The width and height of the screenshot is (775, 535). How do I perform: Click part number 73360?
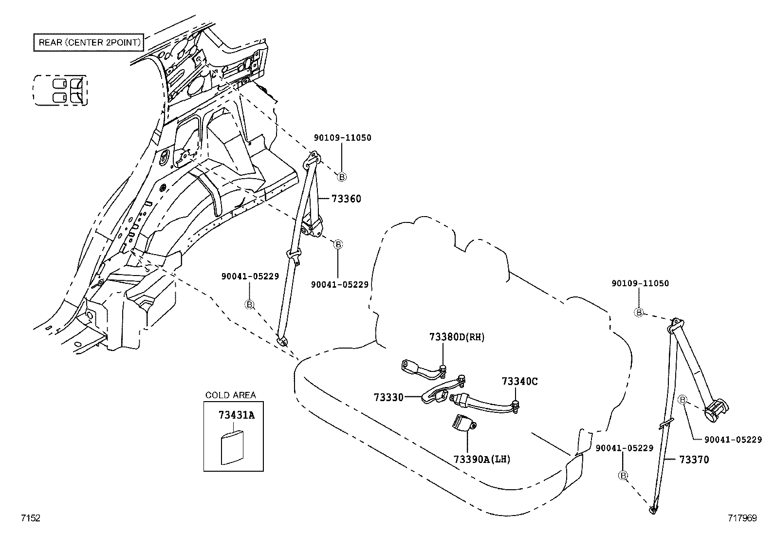pos(346,199)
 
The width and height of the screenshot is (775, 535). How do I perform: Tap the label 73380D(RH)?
pos(457,337)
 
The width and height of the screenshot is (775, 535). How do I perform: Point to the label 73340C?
pos(519,382)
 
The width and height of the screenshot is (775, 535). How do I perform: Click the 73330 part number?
pos(388,397)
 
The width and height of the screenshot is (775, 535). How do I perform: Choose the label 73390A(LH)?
pos(482,459)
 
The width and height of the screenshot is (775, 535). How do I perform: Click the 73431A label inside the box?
pos(237,415)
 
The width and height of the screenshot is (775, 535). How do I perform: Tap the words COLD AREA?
pos(230,395)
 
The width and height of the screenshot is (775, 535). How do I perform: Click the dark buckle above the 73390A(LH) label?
pos(463,422)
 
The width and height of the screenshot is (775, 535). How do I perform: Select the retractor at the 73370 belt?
pos(716,409)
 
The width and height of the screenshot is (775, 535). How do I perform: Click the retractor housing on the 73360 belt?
pos(312,227)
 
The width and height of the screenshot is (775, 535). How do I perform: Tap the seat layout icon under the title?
pos(60,91)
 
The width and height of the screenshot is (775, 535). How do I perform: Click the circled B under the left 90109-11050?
pos(342,177)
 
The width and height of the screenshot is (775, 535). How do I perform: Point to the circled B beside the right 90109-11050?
pos(639,313)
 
